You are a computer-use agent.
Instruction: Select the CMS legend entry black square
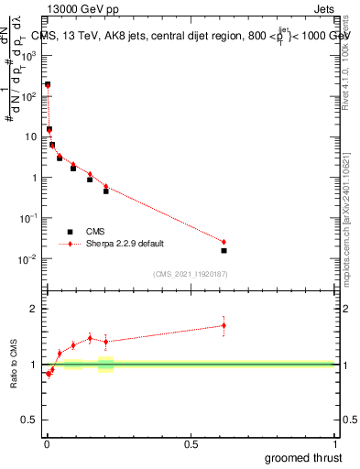(x=70, y=232)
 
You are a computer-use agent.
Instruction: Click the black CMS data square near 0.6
(x=224, y=250)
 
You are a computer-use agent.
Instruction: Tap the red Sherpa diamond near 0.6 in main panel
(x=224, y=242)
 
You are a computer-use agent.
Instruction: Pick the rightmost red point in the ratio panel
(x=224, y=325)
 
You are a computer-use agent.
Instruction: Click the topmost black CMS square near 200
(x=48, y=84)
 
